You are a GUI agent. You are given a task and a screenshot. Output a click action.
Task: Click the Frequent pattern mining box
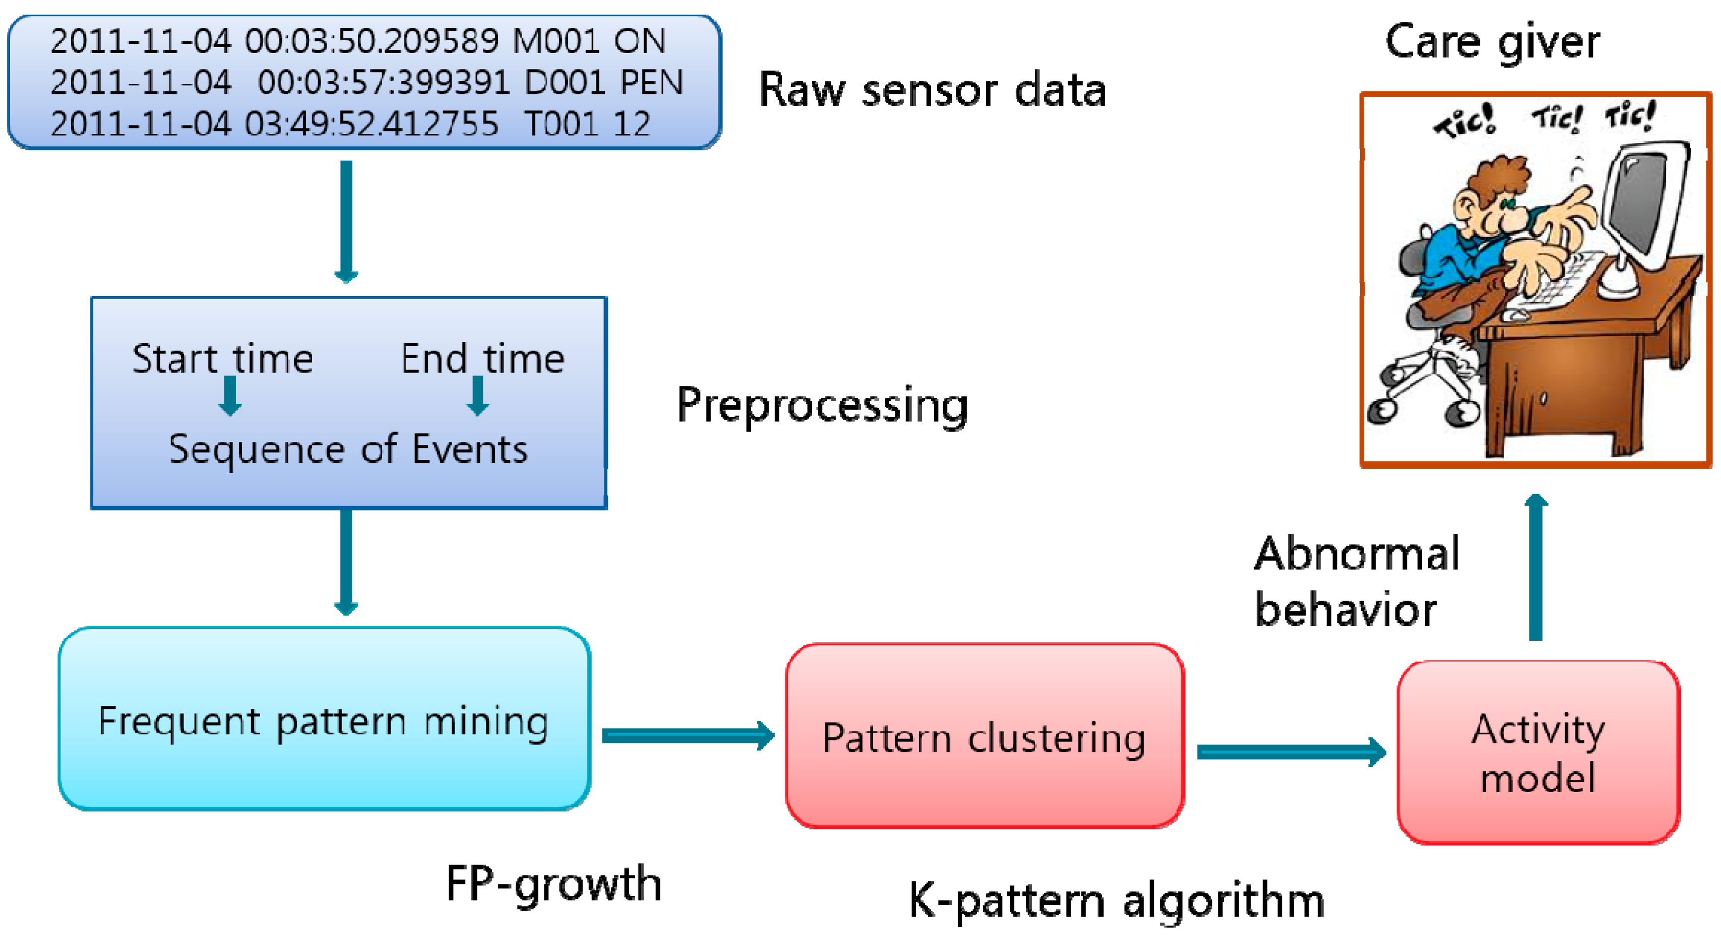coord(324,719)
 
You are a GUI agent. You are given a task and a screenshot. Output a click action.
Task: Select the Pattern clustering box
coord(984,736)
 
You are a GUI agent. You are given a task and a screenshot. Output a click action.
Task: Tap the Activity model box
coord(1537,752)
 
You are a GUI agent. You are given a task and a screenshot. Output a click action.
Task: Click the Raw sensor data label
coord(932,90)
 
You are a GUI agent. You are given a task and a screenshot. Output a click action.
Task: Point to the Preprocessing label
coord(822,405)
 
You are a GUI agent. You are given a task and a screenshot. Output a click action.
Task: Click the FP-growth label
coord(553,883)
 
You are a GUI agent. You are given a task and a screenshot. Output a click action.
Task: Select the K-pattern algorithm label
coord(1116,900)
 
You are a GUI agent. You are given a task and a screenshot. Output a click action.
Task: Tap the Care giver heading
coord(1492,41)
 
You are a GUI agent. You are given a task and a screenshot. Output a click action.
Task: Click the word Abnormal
coord(1356,554)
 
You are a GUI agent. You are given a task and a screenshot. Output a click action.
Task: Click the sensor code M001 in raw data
coord(556,41)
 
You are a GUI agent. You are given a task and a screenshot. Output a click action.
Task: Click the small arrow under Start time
coord(230,396)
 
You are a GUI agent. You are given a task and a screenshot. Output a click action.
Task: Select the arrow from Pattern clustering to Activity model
coord(1289,752)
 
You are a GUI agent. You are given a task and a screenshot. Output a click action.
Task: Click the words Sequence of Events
coord(348,449)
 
